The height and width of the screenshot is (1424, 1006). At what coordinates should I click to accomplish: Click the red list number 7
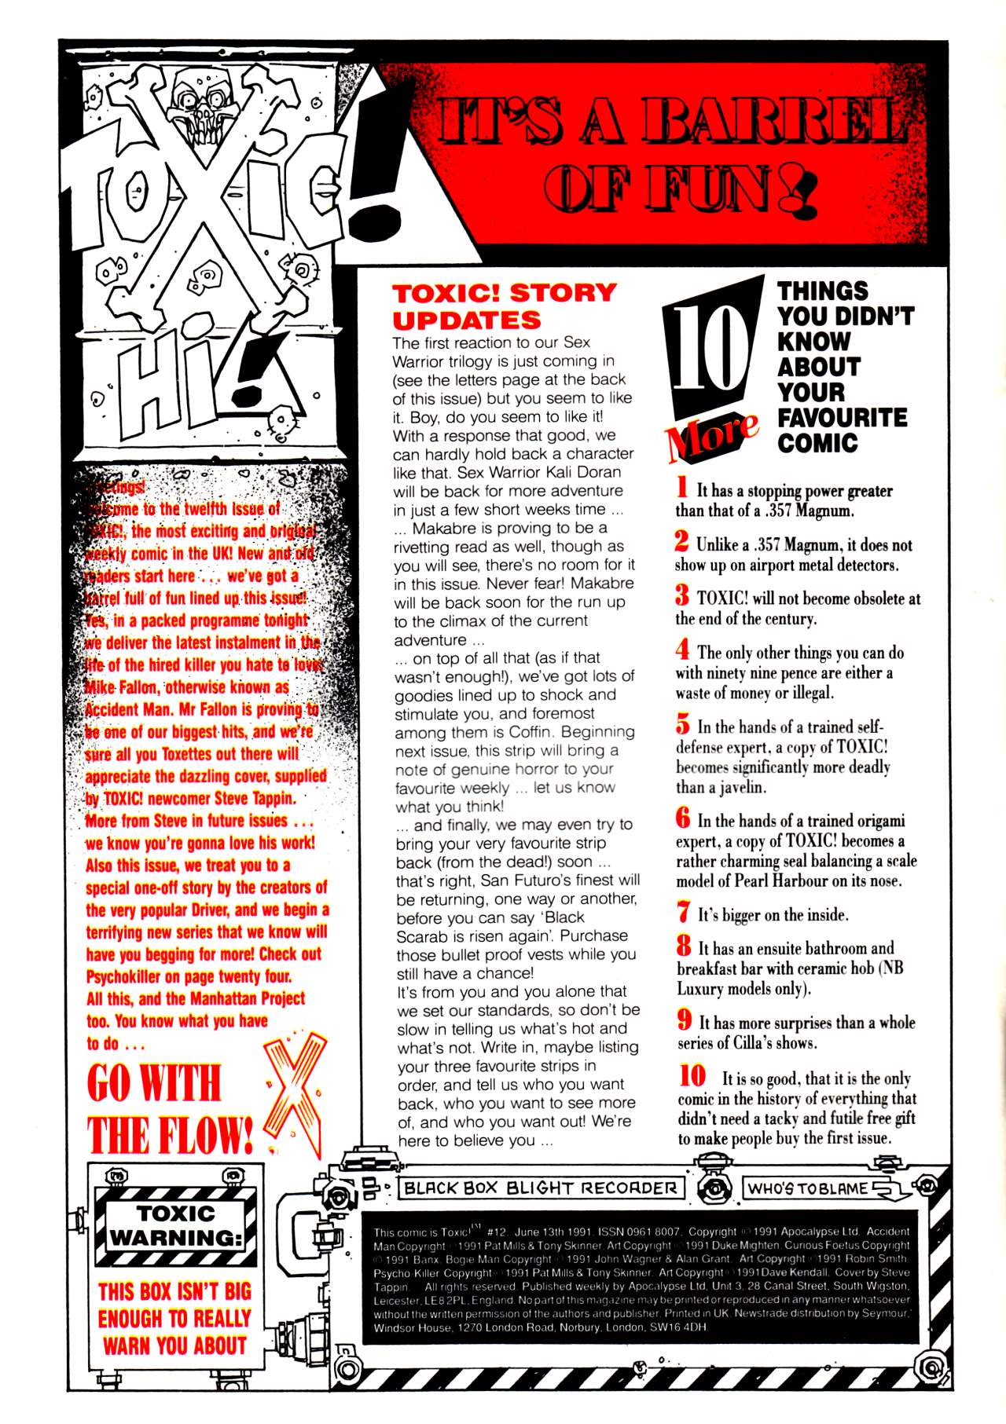click(684, 912)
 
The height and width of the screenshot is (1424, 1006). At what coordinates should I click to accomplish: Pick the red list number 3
click(682, 595)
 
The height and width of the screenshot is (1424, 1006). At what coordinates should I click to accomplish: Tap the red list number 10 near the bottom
click(693, 1075)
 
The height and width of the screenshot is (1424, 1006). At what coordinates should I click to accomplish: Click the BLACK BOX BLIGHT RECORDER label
click(541, 1188)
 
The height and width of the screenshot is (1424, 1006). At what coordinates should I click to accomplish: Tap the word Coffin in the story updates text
click(531, 732)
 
